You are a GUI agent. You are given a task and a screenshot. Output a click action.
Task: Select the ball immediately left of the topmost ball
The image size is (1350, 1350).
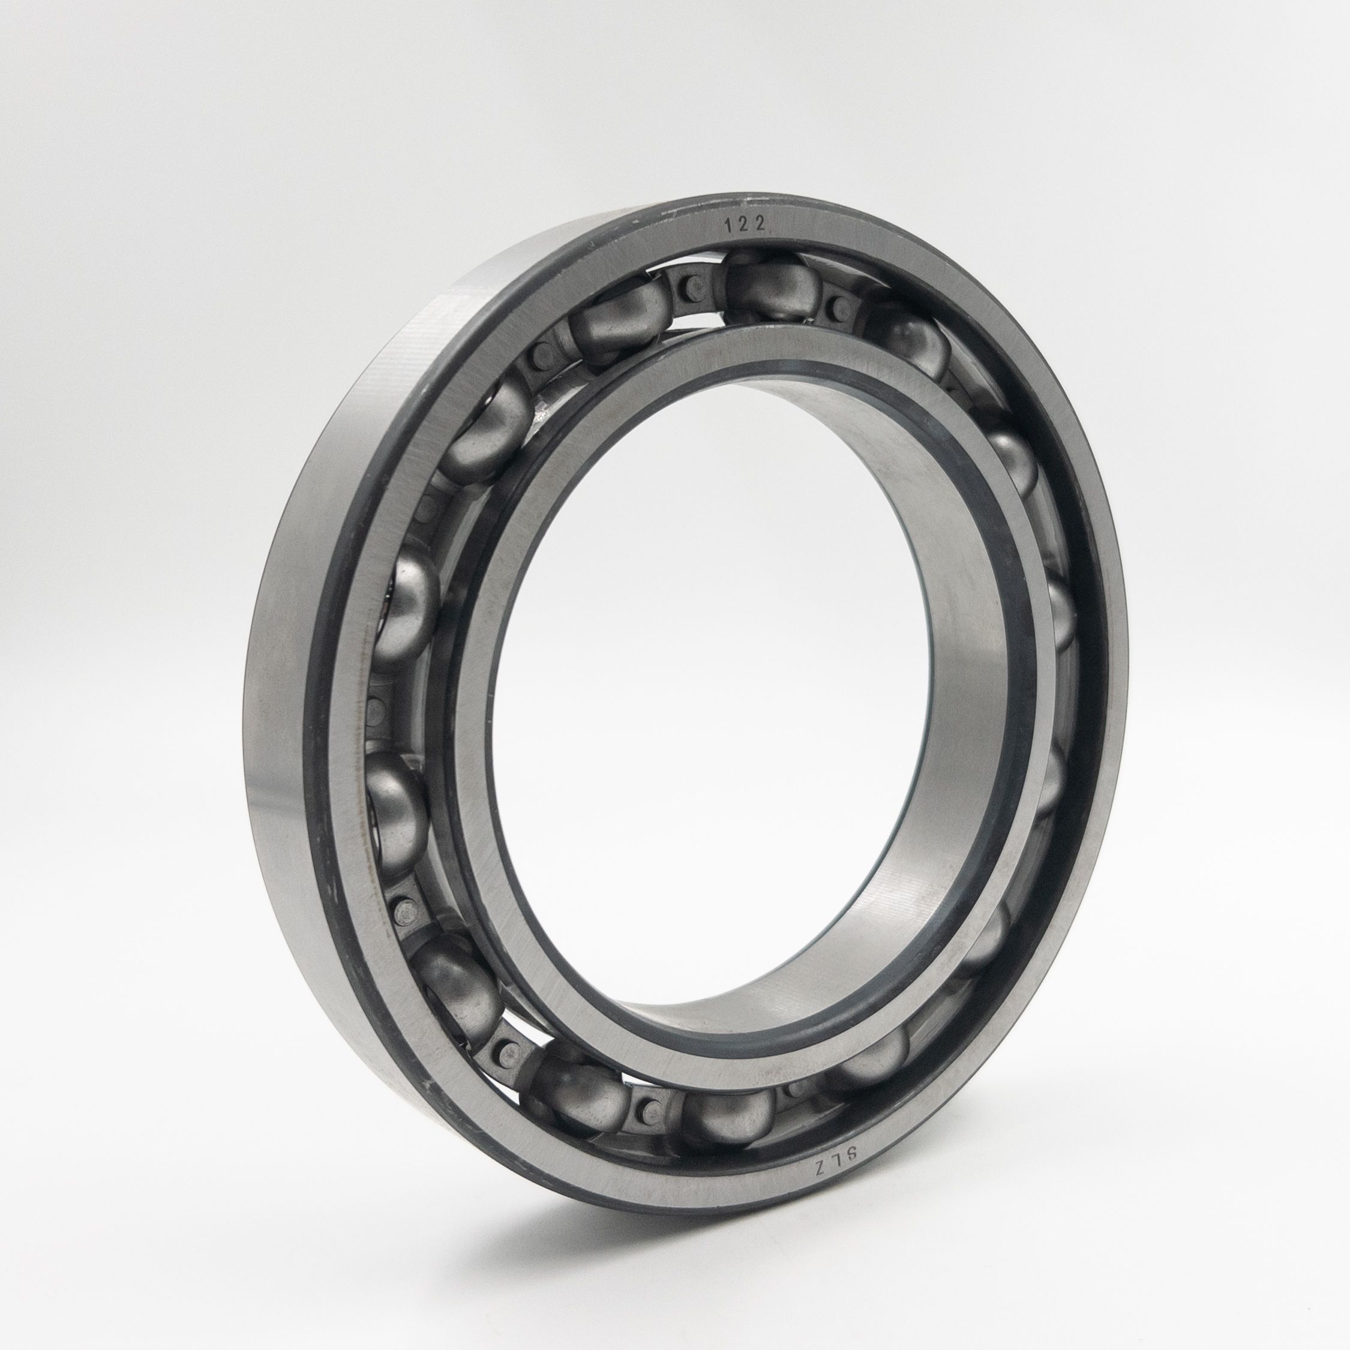click(619, 325)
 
